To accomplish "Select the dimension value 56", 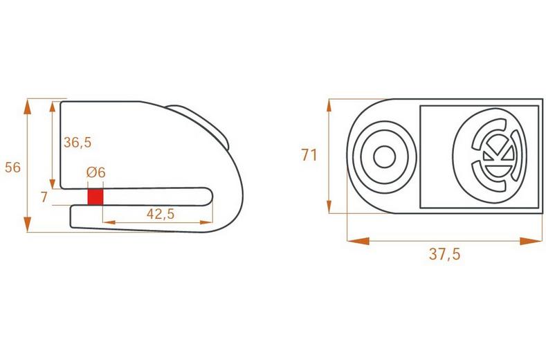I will coord(12,167).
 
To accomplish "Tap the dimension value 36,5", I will coord(78,142).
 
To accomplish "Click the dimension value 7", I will coord(44,198).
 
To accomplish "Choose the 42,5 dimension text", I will coord(160,214).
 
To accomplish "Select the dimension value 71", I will coord(309,154).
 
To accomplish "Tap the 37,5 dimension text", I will coord(444,253).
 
